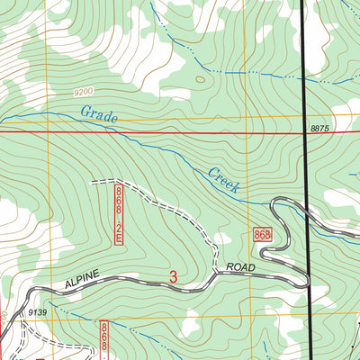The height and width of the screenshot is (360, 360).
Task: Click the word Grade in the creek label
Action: point(99,114)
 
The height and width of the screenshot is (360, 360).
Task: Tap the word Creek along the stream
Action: point(223,180)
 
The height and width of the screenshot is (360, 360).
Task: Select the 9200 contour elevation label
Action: point(83,92)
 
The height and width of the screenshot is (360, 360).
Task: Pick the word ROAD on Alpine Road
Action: point(241,268)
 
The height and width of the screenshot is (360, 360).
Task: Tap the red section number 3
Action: point(173,278)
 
